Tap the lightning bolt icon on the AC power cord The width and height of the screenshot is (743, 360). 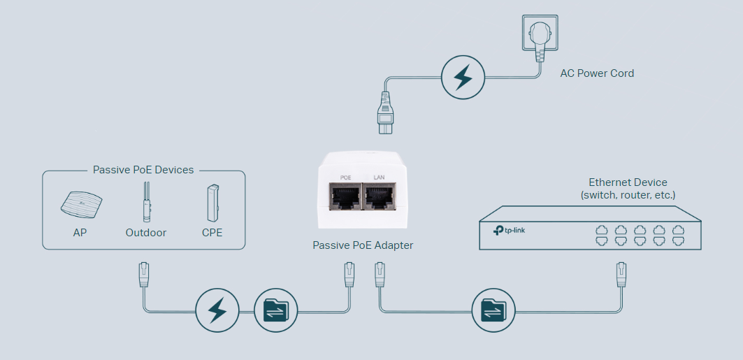(462, 78)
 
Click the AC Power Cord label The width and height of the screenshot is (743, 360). (597, 73)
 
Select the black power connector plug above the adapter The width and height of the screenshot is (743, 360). (387, 113)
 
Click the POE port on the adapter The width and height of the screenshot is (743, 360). (345, 197)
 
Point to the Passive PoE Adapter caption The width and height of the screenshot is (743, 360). (363, 245)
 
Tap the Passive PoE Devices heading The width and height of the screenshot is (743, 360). (143, 170)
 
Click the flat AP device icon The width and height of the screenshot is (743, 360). (80, 203)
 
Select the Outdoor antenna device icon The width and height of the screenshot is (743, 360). (146, 202)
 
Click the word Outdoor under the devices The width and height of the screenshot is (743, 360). (146, 232)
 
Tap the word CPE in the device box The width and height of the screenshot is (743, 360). (212, 232)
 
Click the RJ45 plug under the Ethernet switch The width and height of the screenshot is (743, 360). (620, 273)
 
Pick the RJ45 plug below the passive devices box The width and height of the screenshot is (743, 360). (144, 273)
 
